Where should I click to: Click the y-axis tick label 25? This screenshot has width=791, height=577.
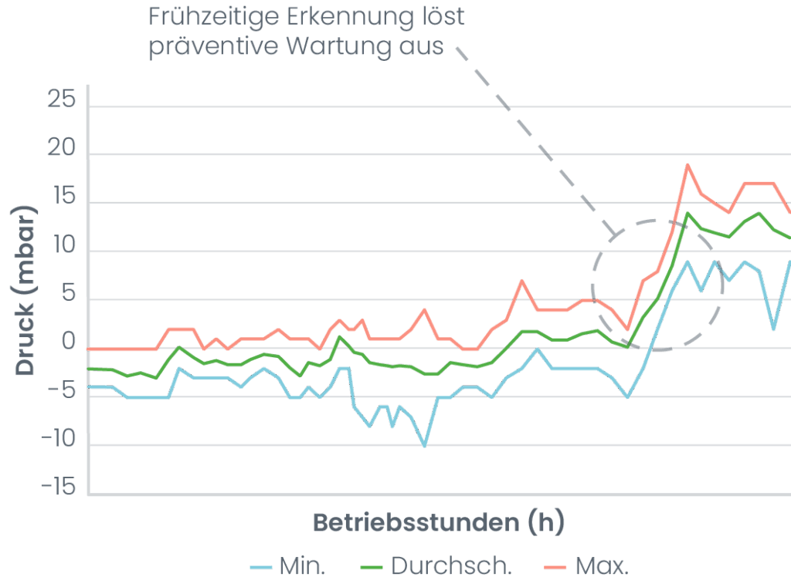(x=62, y=101)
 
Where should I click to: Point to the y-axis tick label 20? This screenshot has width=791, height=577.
(x=62, y=150)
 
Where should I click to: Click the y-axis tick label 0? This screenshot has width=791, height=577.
(x=70, y=344)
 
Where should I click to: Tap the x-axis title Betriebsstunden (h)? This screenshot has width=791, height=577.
(x=438, y=523)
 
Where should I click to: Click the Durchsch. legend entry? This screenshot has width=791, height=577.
(x=436, y=565)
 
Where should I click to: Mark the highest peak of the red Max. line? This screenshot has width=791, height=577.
(x=687, y=164)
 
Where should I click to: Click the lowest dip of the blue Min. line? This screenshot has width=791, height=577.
(x=424, y=445)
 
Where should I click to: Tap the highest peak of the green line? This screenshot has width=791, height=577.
(x=687, y=213)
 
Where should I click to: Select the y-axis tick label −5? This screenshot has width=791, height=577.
(x=60, y=393)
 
